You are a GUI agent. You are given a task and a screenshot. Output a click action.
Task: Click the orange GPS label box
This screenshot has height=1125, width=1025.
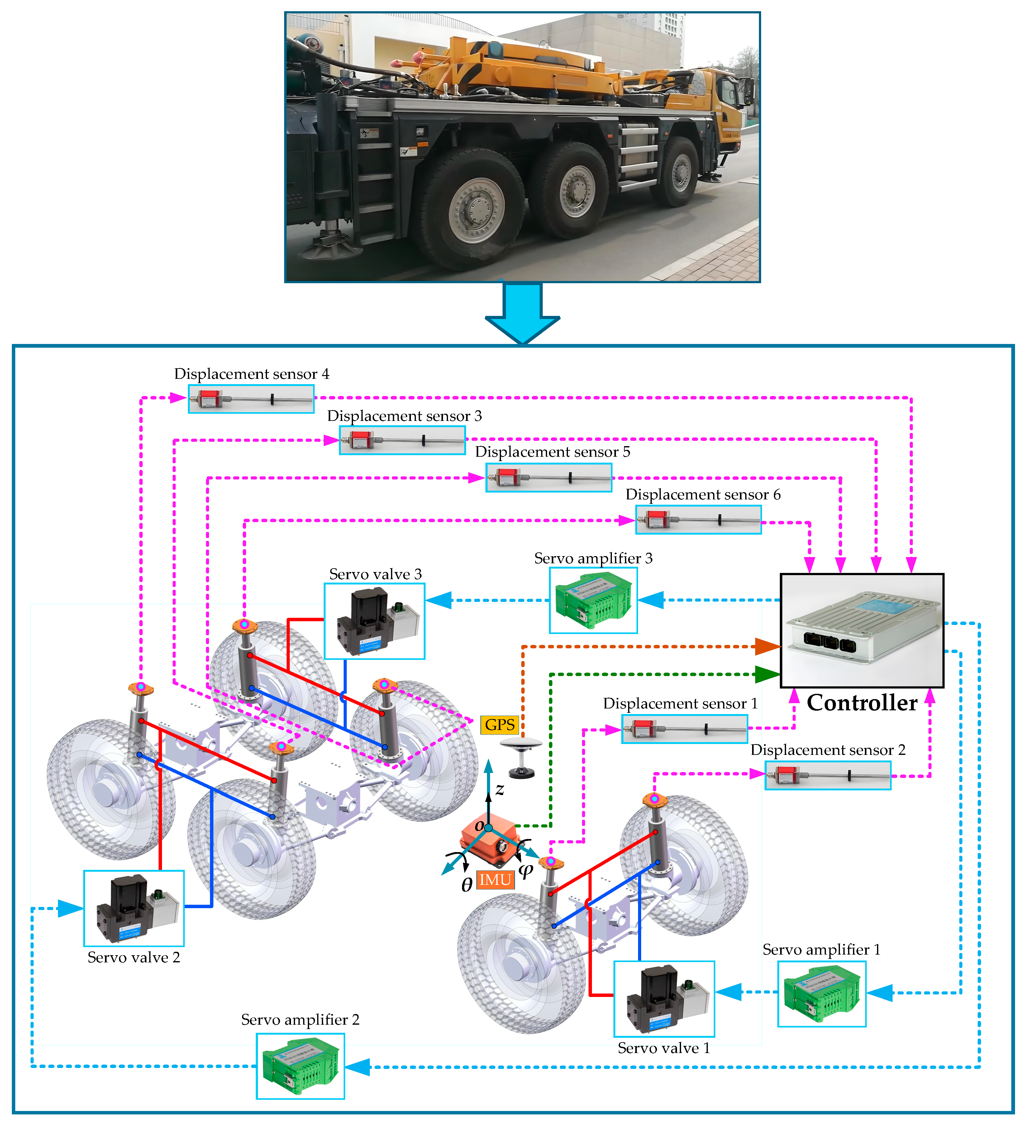(x=499, y=725)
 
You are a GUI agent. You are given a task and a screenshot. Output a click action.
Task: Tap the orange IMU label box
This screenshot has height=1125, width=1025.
(x=495, y=880)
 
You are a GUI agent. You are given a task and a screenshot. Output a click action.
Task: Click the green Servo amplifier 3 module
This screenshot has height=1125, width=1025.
(x=593, y=601)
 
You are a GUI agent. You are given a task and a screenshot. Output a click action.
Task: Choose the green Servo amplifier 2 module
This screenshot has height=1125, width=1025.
(x=300, y=1066)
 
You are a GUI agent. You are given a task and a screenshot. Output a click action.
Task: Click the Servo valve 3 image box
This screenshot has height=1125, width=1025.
(x=374, y=621)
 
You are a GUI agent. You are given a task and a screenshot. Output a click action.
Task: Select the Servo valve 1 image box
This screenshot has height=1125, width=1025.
(x=664, y=999)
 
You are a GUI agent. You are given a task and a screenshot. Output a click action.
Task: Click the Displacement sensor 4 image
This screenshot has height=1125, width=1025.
(x=251, y=399)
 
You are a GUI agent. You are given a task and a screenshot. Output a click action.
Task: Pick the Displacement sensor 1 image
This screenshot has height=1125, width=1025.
(x=685, y=729)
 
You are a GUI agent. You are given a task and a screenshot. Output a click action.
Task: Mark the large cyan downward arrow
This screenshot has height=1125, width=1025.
(x=522, y=312)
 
